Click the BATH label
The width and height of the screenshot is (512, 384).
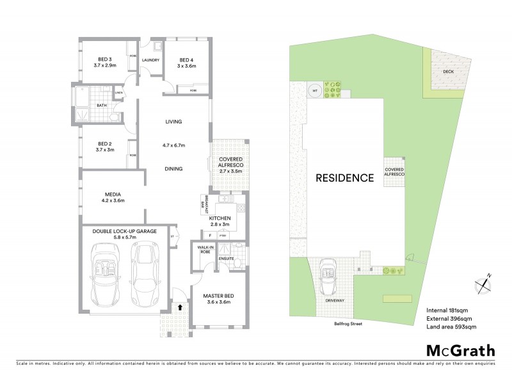click(x=101, y=106)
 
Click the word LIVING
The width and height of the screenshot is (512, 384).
click(x=174, y=122)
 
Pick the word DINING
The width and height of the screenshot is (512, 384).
click(x=173, y=169)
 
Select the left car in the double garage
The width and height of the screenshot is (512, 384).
click(x=106, y=274)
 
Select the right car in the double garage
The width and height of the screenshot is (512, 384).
click(x=145, y=272)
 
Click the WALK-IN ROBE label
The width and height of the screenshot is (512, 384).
click(x=205, y=250)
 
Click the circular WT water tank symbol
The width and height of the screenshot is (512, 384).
click(x=314, y=91)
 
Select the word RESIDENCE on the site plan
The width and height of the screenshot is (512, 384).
click(x=344, y=177)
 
